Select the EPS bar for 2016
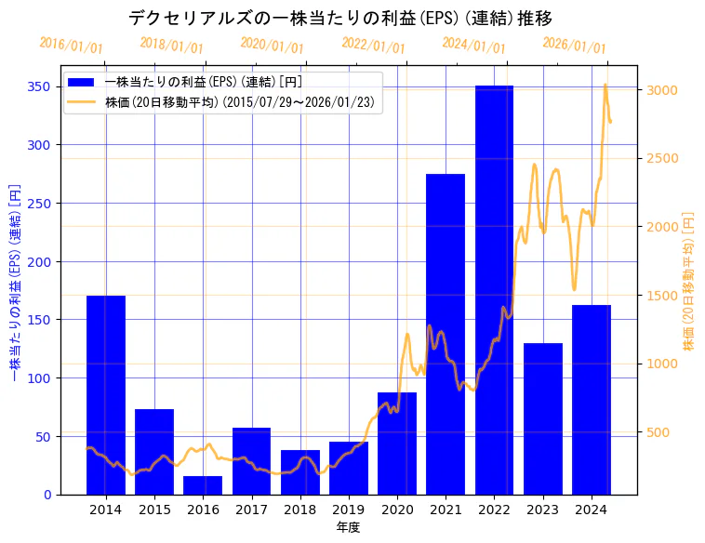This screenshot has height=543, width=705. pos(203,485)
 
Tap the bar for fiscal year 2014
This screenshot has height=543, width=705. pos(106,395)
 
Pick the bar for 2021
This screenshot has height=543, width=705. pos(446,335)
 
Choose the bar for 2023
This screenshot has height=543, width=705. pos(543,418)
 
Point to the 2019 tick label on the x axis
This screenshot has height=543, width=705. pos(349,510)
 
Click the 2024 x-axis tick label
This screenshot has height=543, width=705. pos(592,510)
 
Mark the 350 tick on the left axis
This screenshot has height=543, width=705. pos(39,86)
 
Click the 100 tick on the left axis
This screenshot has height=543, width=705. pos(39,377)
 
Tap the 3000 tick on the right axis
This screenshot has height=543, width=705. pos(661,90)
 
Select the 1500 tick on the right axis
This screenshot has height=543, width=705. pos(661,296)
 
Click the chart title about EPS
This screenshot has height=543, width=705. pos(346,18)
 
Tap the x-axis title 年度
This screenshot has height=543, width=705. pos(348,527)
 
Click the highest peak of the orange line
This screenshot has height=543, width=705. pos(605,85)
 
